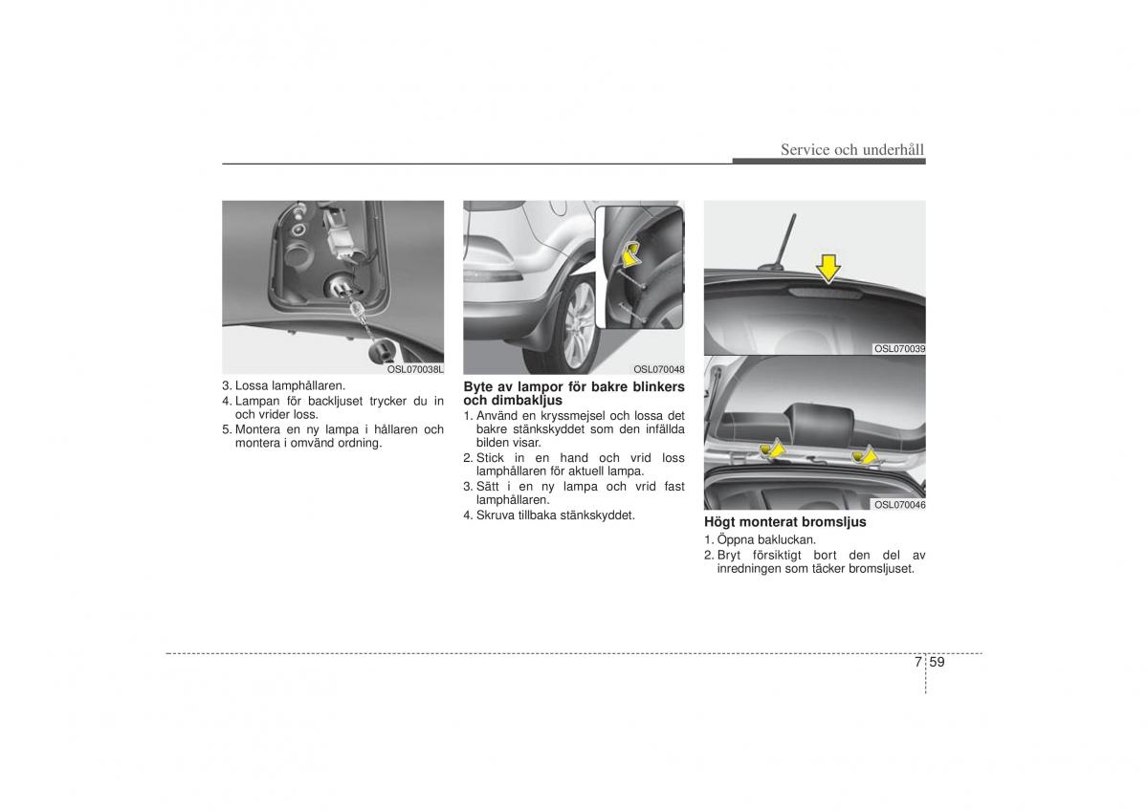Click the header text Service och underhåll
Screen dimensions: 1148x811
[x=852, y=149]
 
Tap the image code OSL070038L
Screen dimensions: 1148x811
[x=415, y=369]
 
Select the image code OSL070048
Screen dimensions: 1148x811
[x=658, y=369]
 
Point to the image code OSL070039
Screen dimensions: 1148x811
[x=899, y=349]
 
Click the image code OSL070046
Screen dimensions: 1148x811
[x=899, y=505]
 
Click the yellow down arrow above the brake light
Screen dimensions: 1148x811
[x=828, y=269]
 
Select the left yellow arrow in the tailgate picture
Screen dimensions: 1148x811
[x=773, y=449]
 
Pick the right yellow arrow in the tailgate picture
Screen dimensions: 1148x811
[x=865, y=454]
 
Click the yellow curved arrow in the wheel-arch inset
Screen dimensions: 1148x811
[x=632, y=254]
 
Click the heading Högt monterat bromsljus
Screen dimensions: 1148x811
[x=785, y=522]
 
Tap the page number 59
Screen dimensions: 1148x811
[x=937, y=662]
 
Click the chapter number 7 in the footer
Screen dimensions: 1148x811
[x=917, y=662]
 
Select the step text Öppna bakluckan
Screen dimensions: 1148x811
[x=766, y=539]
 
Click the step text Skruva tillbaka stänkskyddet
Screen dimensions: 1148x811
[x=556, y=515]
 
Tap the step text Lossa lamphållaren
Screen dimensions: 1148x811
[x=290, y=385]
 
